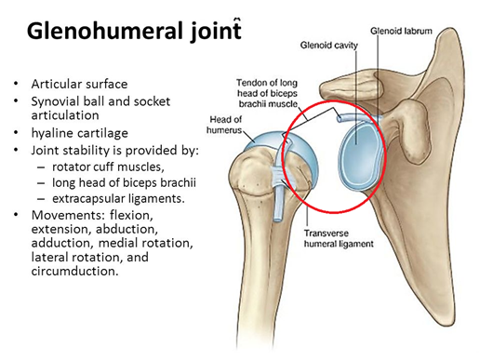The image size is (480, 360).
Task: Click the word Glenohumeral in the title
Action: click(106, 31)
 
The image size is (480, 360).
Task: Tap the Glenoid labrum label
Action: click(401, 31)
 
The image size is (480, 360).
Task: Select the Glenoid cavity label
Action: click(328, 46)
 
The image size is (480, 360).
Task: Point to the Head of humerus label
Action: click(225, 125)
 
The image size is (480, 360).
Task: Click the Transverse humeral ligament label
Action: click(339, 238)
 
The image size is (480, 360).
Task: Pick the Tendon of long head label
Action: click(267, 93)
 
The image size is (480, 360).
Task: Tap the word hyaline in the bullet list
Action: click(51, 133)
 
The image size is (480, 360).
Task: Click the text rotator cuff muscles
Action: click(108, 167)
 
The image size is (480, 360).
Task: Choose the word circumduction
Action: click(74, 271)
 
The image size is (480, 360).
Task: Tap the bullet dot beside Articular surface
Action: click(16, 84)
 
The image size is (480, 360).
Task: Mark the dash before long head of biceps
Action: click(41, 183)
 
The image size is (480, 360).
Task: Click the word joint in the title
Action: click(216, 31)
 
